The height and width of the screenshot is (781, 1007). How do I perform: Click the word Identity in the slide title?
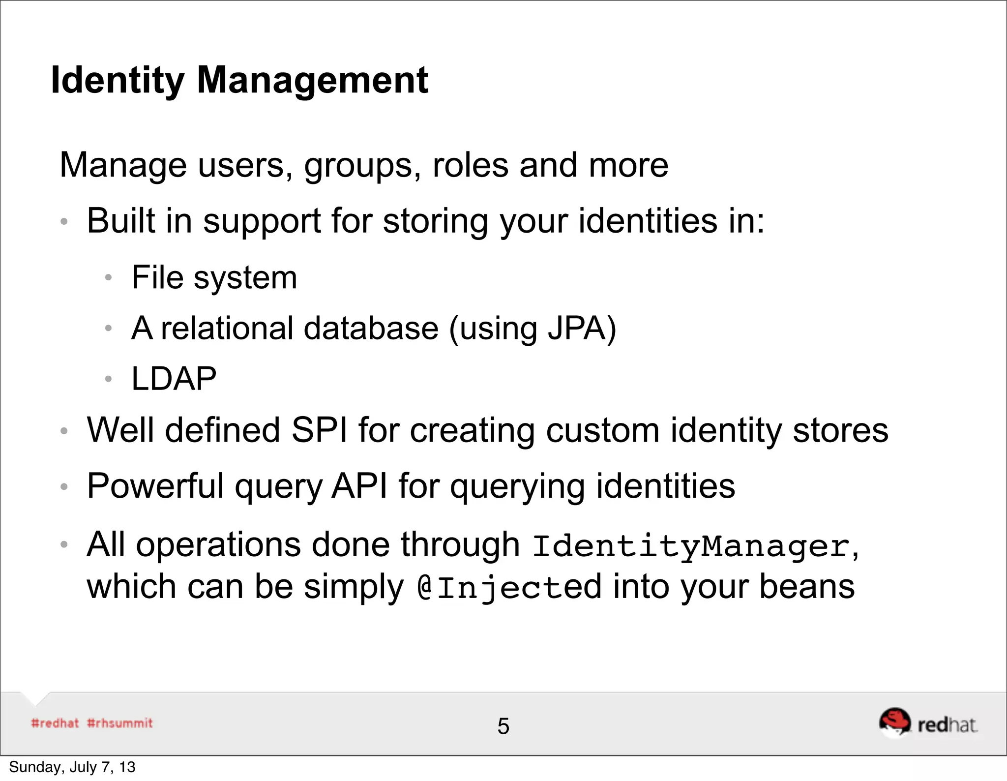click(118, 80)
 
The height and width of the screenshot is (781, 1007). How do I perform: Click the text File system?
click(214, 278)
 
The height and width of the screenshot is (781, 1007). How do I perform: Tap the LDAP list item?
click(174, 379)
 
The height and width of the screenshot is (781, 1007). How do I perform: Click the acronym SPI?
click(319, 430)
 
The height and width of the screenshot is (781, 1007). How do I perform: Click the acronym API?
click(359, 486)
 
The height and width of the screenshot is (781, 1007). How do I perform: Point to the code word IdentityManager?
click(691, 546)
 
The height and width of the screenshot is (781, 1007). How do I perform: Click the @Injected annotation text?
click(509, 587)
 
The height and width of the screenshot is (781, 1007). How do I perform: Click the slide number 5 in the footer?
click(503, 726)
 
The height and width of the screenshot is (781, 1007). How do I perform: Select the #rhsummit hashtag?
click(120, 723)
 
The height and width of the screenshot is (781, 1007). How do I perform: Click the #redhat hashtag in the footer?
click(55, 723)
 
